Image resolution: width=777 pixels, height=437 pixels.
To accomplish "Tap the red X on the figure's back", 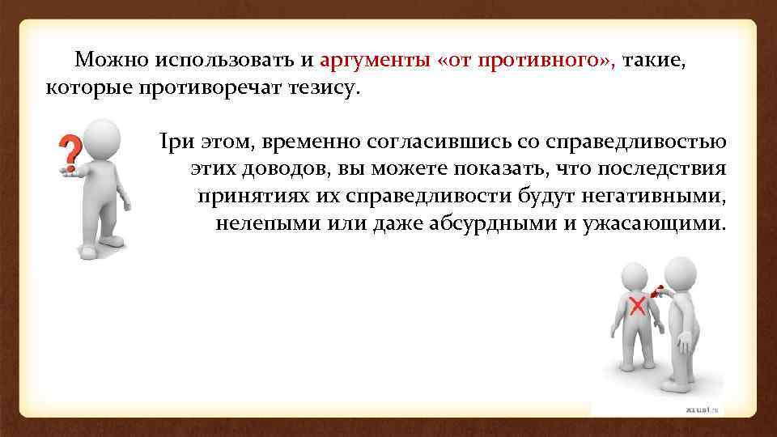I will tap(637, 307).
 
